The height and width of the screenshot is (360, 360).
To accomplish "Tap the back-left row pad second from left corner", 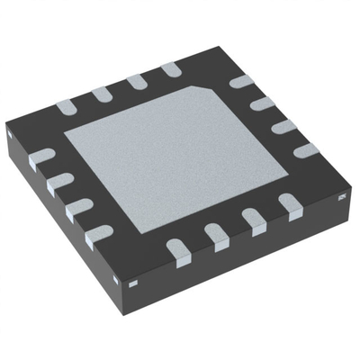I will point(101,94).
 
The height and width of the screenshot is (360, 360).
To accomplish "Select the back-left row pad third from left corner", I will point(136,81).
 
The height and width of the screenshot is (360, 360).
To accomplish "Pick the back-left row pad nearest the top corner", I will point(169,69).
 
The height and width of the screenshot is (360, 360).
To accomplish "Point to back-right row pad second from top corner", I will point(260,104).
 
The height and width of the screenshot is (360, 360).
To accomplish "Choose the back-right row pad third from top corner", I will point(282,126).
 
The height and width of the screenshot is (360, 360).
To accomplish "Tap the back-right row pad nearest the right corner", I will point(305,149).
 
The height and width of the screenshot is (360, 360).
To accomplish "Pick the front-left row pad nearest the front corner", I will point(97,235).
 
